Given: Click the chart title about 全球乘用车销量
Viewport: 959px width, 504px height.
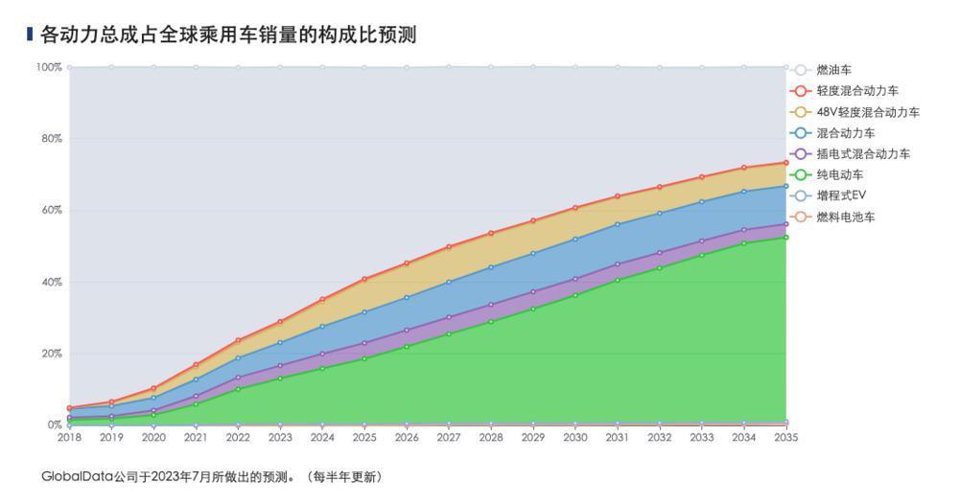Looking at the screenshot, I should (x=228, y=34).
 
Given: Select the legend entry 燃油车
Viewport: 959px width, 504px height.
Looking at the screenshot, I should (x=833, y=70).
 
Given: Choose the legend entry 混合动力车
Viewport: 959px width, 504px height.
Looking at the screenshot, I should (x=845, y=133).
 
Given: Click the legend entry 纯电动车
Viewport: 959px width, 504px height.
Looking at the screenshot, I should (x=839, y=175).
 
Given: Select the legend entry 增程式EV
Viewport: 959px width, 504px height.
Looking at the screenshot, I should (x=841, y=196).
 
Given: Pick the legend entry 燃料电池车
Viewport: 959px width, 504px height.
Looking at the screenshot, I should (x=845, y=218).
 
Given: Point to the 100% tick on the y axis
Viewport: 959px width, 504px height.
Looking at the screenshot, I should (x=49, y=67).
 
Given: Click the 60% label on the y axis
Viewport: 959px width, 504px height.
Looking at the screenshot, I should (x=51, y=210).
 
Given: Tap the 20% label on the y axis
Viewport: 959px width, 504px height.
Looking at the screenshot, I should (x=51, y=354).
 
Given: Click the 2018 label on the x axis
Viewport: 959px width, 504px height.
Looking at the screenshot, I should (x=69, y=437).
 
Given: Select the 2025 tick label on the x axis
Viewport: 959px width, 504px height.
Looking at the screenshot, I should (x=364, y=437).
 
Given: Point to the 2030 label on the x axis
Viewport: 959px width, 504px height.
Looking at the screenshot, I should (x=575, y=437).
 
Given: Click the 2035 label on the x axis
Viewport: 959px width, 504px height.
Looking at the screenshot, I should (x=785, y=437).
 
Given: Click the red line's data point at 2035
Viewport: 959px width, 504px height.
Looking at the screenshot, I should (x=785, y=163).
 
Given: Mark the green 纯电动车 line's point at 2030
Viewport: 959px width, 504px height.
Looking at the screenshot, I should (x=575, y=295).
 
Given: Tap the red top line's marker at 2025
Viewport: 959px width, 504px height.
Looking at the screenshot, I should (x=364, y=279).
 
